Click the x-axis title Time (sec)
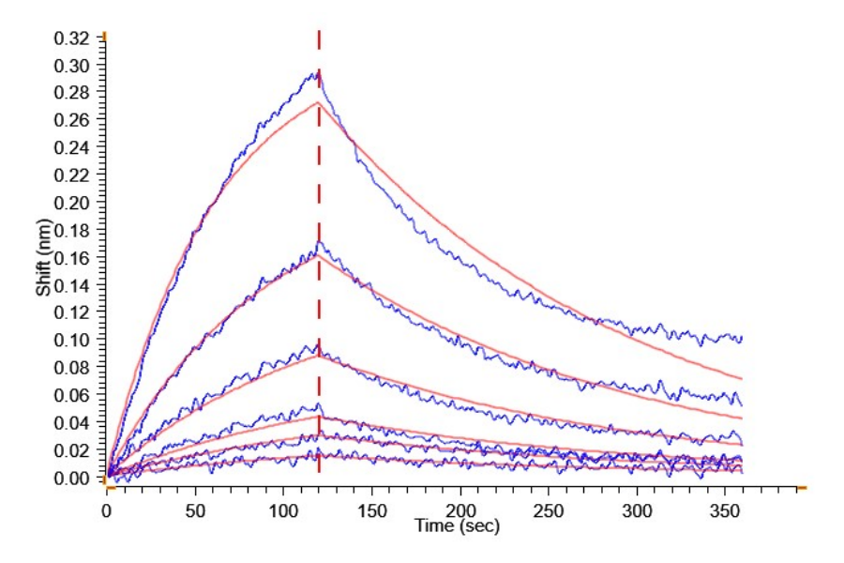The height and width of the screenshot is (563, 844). point(459,526)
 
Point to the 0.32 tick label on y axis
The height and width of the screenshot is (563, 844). point(73,38)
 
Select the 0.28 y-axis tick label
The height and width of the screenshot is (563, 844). point(73,93)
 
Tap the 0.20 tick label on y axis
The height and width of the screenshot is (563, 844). point(73,203)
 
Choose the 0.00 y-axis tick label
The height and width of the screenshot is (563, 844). point(73,478)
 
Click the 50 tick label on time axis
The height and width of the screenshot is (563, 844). point(195,513)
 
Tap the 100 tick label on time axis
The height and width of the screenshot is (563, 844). point(283,513)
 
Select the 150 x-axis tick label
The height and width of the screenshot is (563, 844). point(371,513)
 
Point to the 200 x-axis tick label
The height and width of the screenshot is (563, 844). point(460,513)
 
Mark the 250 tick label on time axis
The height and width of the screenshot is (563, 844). point(548,513)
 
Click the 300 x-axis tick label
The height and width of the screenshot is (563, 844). point(637,513)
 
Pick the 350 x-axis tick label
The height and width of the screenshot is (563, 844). point(725,513)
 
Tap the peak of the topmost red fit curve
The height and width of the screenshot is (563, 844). point(319,102)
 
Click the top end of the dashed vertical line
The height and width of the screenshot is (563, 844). point(319,31)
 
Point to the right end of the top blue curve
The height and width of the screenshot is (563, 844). point(742,338)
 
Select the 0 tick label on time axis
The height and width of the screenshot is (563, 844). point(106,513)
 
